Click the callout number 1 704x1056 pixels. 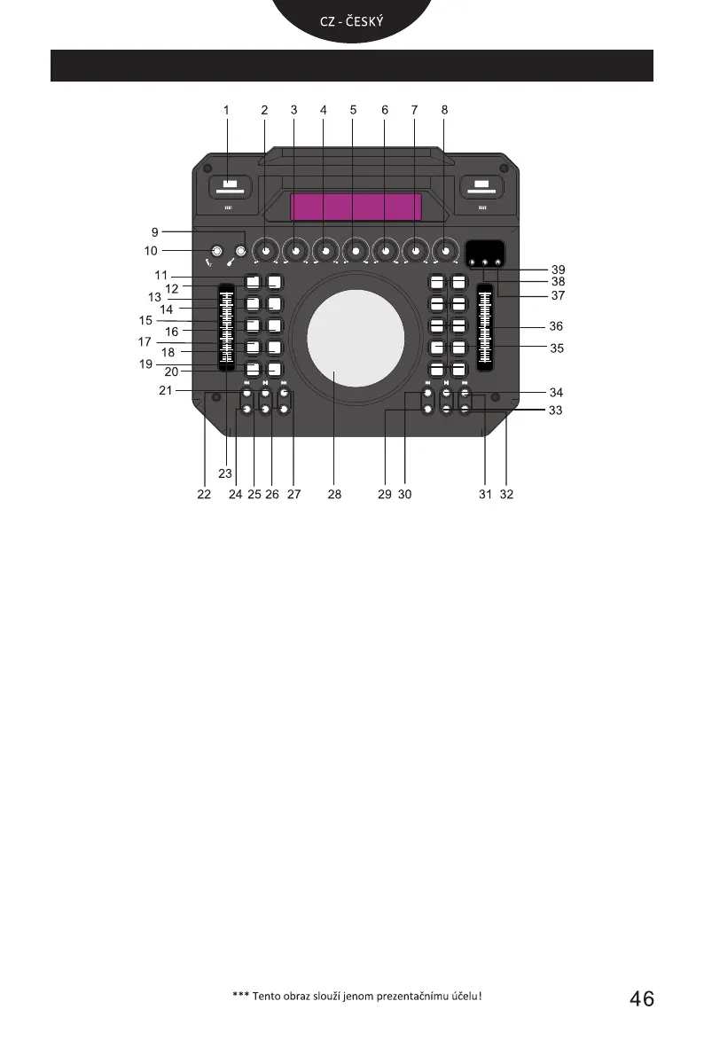[x=226, y=110]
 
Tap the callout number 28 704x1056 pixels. [x=334, y=495]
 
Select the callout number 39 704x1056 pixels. [x=557, y=270]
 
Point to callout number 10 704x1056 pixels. [x=152, y=251]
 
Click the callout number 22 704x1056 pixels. [x=204, y=495]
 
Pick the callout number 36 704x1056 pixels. [x=556, y=326]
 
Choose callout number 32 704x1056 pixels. [x=506, y=495]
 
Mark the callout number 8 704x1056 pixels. [x=444, y=110]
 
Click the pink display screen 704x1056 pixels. [x=356, y=207]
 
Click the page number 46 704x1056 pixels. [x=642, y=999]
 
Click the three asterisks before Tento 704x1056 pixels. [x=239, y=995]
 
